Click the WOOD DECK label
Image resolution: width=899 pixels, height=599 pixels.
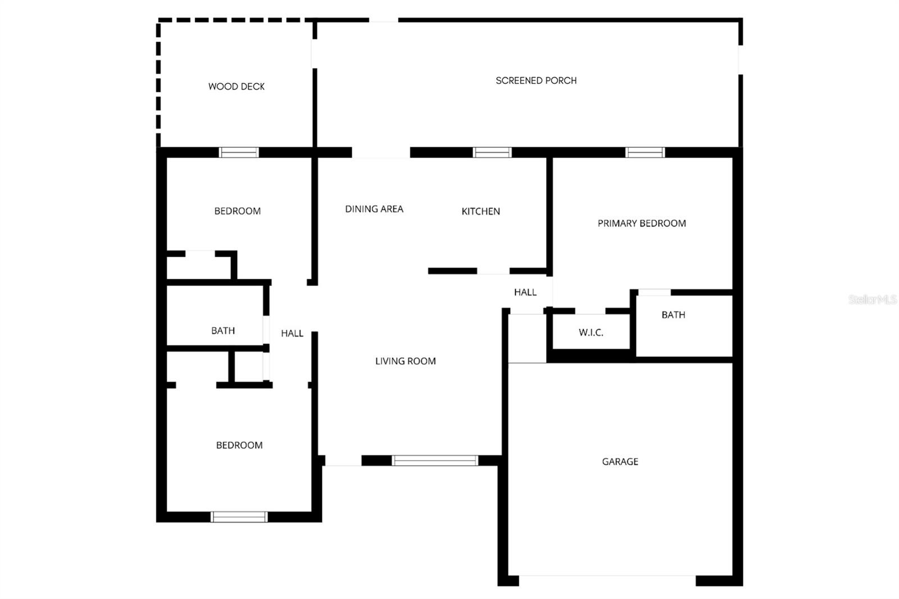pyautogui.click(x=236, y=87)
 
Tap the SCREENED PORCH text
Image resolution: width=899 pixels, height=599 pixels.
pyautogui.click(x=536, y=80)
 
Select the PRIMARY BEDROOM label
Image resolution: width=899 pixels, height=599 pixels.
pyautogui.click(x=642, y=223)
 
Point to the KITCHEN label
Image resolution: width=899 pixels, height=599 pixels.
pyautogui.click(x=480, y=211)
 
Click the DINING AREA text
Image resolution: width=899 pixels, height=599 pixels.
pyautogui.click(x=374, y=209)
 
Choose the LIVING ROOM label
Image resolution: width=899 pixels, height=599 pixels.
pyautogui.click(x=405, y=361)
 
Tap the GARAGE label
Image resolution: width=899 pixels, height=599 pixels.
pyautogui.click(x=620, y=461)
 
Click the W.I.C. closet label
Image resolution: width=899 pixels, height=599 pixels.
pyautogui.click(x=591, y=333)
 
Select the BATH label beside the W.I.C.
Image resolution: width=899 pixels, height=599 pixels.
pyautogui.click(x=673, y=315)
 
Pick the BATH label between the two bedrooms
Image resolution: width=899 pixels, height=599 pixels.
pyautogui.click(x=223, y=330)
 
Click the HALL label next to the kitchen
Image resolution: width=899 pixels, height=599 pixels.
pyautogui.click(x=525, y=292)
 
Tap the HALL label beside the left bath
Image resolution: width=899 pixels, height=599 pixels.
pyautogui.click(x=292, y=333)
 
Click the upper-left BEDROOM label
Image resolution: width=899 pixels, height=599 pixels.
pyautogui.click(x=237, y=211)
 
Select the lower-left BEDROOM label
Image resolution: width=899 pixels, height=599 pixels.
pyautogui.click(x=239, y=445)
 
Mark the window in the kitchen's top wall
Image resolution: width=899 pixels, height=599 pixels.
pyautogui.click(x=492, y=152)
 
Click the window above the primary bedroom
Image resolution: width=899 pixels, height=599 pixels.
pyautogui.click(x=645, y=152)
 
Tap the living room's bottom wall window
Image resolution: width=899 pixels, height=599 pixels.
pyautogui.click(x=434, y=461)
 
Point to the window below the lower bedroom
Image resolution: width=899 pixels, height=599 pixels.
pyautogui.click(x=239, y=517)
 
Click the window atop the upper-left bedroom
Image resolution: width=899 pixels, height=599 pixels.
pyautogui.click(x=239, y=152)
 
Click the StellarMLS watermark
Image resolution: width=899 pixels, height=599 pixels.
pyautogui.click(x=872, y=299)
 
